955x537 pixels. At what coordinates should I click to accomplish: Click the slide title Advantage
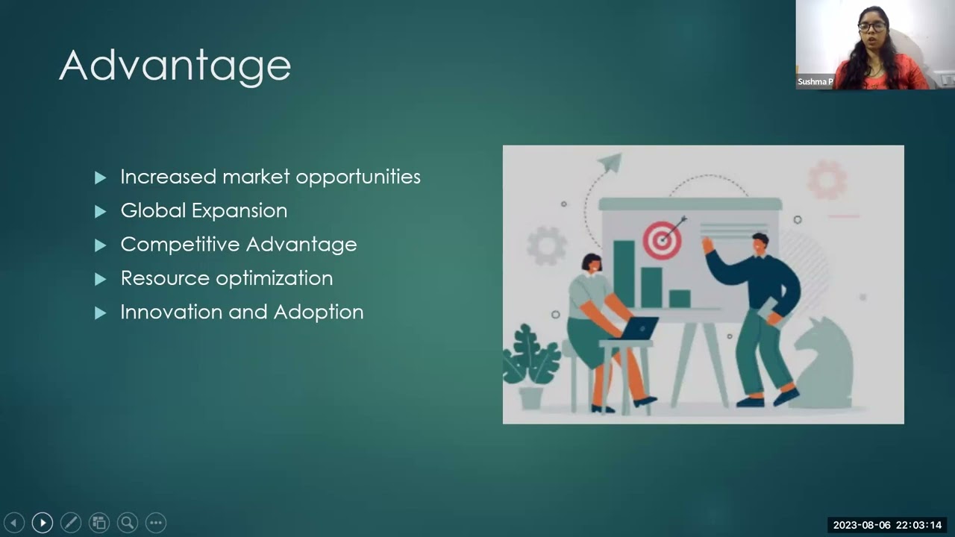pyautogui.click(x=175, y=66)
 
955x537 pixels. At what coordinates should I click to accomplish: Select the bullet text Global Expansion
pyautogui.click(x=204, y=210)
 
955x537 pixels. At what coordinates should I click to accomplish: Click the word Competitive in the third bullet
pyautogui.click(x=180, y=245)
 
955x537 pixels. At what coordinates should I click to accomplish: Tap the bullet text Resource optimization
pyautogui.click(x=226, y=278)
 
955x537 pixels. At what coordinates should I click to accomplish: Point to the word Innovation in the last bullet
pyautogui.click(x=172, y=312)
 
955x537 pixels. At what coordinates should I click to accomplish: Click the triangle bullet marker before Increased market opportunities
pyautogui.click(x=101, y=178)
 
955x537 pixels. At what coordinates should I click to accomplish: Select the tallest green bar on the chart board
pyautogui.click(x=624, y=273)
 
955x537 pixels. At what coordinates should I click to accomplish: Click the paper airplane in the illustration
pyautogui.click(x=610, y=163)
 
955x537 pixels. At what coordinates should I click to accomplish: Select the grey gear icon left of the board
pyautogui.click(x=547, y=245)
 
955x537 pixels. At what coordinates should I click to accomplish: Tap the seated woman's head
pyautogui.click(x=592, y=263)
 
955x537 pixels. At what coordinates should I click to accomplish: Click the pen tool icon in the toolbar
pyautogui.click(x=71, y=523)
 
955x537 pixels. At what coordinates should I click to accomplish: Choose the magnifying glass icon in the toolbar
pyautogui.click(x=128, y=523)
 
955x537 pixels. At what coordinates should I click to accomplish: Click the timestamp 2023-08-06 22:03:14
pyautogui.click(x=887, y=525)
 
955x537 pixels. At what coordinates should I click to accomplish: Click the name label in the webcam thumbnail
pyautogui.click(x=815, y=82)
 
